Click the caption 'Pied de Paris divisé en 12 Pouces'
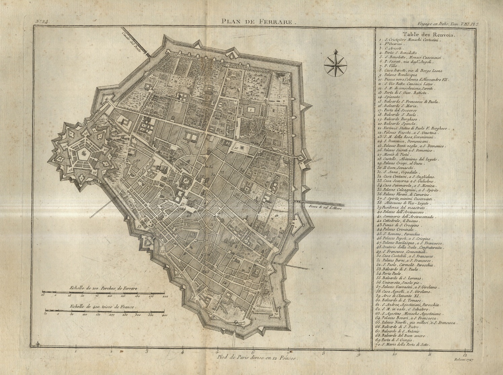click(x=257, y=358)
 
